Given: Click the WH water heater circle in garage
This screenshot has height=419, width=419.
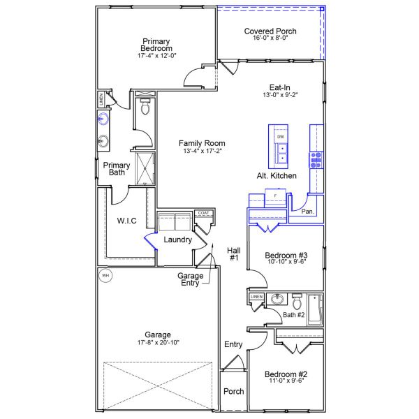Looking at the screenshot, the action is click(x=105, y=275).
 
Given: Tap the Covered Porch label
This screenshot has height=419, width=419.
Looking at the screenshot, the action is click(x=270, y=31).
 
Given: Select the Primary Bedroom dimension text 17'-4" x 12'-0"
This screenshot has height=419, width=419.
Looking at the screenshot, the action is click(x=157, y=56).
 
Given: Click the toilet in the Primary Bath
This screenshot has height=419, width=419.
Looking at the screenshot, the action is click(x=145, y=106).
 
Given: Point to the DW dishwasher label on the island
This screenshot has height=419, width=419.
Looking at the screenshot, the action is click(x=280, y=137).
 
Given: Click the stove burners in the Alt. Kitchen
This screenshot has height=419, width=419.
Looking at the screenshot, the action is click(x=316, y=160).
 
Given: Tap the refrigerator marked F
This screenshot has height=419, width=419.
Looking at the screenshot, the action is click(x=276, y=197).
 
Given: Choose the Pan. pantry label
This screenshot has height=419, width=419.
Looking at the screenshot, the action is click(x=307, y=212).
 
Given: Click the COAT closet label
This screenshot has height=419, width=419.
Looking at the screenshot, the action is click(x=204, y=213).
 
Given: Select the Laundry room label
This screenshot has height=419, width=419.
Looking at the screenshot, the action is click(x=177, y=240).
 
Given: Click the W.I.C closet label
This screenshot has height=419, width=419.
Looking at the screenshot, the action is click(x=126, y=221).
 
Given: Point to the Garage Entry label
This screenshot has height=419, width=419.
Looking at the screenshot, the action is click(x=190, y=279).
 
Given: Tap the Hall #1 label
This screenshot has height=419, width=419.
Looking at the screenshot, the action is click(x=234, y=254).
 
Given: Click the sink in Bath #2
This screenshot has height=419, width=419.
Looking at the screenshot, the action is click(x=277, y=299).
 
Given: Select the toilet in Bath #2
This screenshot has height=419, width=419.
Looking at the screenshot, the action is click(x=297, y=302).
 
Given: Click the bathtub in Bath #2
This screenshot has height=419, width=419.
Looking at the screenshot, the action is click(x=315, y=309).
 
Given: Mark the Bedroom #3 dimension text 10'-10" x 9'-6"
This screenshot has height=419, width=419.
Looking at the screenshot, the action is click(x=286, y=262).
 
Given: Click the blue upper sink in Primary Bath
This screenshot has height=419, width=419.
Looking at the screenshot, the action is click(x=103, y=119).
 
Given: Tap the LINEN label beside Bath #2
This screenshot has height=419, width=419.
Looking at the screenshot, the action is click(x=256, y=297).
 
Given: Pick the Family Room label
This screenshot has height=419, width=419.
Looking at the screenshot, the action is click(x=202, y=143).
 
